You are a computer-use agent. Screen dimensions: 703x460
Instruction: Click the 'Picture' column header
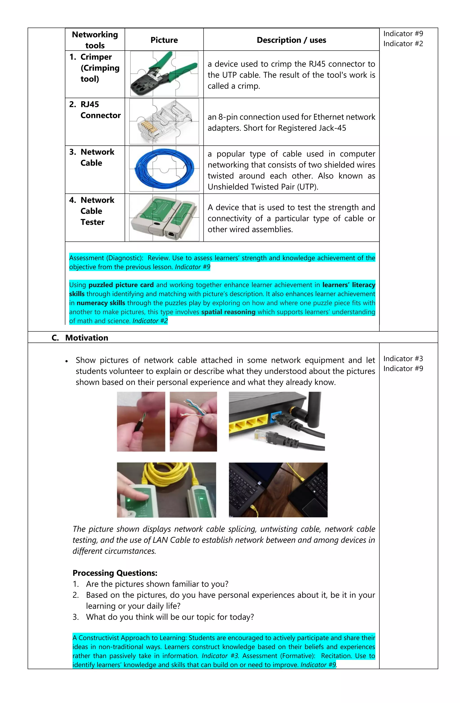pyautogui.click(x=164, y=40)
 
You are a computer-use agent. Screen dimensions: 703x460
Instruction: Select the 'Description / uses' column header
pyautogui.click(x=291, y=40)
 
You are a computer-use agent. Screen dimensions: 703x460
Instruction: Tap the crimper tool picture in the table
pyautogui.click(x=164, y=74)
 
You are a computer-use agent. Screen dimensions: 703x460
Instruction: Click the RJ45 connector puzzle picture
pyautogui.click(x=164, y=121)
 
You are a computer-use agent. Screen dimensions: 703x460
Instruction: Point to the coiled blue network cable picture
pyautogui.click(x=164, y=169)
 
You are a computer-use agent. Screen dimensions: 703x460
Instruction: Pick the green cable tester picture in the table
pyautogui.click(x=164, y=217)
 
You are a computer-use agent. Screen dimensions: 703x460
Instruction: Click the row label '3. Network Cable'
pyautogui.click(x=92, y=157)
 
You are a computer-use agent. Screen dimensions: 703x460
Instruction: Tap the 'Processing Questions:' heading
pyautogui.click(x=115, y=573)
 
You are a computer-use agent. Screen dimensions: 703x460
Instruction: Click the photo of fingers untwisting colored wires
pyautogui.click(x=193, y=421)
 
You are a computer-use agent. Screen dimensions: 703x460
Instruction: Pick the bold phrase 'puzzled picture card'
pyautogui.click(x=121, y=285)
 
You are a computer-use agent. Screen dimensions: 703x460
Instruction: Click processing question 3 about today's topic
pyautogui.click(x=170, y=617)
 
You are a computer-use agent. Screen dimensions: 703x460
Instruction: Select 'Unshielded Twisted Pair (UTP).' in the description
pyautogui.click(x=263, y=187)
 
